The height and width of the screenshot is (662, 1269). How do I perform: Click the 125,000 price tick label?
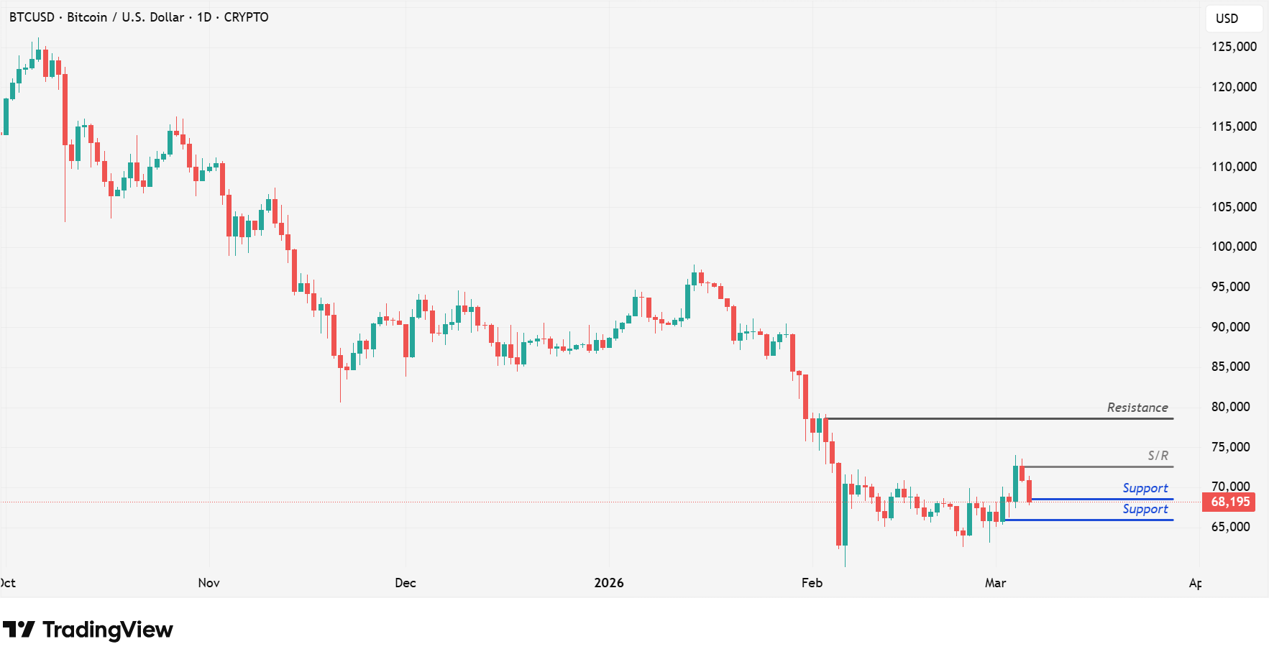pyautogui.click(x=1234, y=47)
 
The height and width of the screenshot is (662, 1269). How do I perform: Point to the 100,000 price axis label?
pyautogui.click(x=1234, y=247)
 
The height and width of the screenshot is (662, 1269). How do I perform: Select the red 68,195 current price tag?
pyautogui.click(x=1229, y=502)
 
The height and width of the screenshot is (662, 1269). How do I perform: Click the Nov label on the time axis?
pyautogui.click(x=209, y=583)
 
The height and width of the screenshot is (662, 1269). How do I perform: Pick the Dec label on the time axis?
pyautogui.click(x=406, y=583)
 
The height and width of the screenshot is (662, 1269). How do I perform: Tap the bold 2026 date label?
pyautogui.click(x=609, y=583)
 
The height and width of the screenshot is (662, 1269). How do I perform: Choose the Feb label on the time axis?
pyautogui.click(x=812, y=583)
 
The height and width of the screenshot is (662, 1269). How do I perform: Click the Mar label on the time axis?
pyautogui.click(x=995, y=583)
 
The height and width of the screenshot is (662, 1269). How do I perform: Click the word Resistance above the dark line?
pyautogui.click(x=1137, y=408)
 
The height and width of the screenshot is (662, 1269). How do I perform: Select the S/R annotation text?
pyautogui.click(x=1158, y=456)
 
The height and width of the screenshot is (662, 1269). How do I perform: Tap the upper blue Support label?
pyautogui.click(x=1145, y=488)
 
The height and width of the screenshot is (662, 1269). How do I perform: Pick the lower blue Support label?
pyautogui.click(x=1145, y=509)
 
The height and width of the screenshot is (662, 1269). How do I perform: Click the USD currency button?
pyautogui.click(x=1227, y=19)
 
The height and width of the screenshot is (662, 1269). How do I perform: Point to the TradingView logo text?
pyautogui.click(x=107, y=630)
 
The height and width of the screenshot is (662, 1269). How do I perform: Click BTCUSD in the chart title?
pyautogui.click(x=32, y=17)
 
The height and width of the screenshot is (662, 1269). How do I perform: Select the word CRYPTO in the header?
pyautogui.click(x=246, y=17)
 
